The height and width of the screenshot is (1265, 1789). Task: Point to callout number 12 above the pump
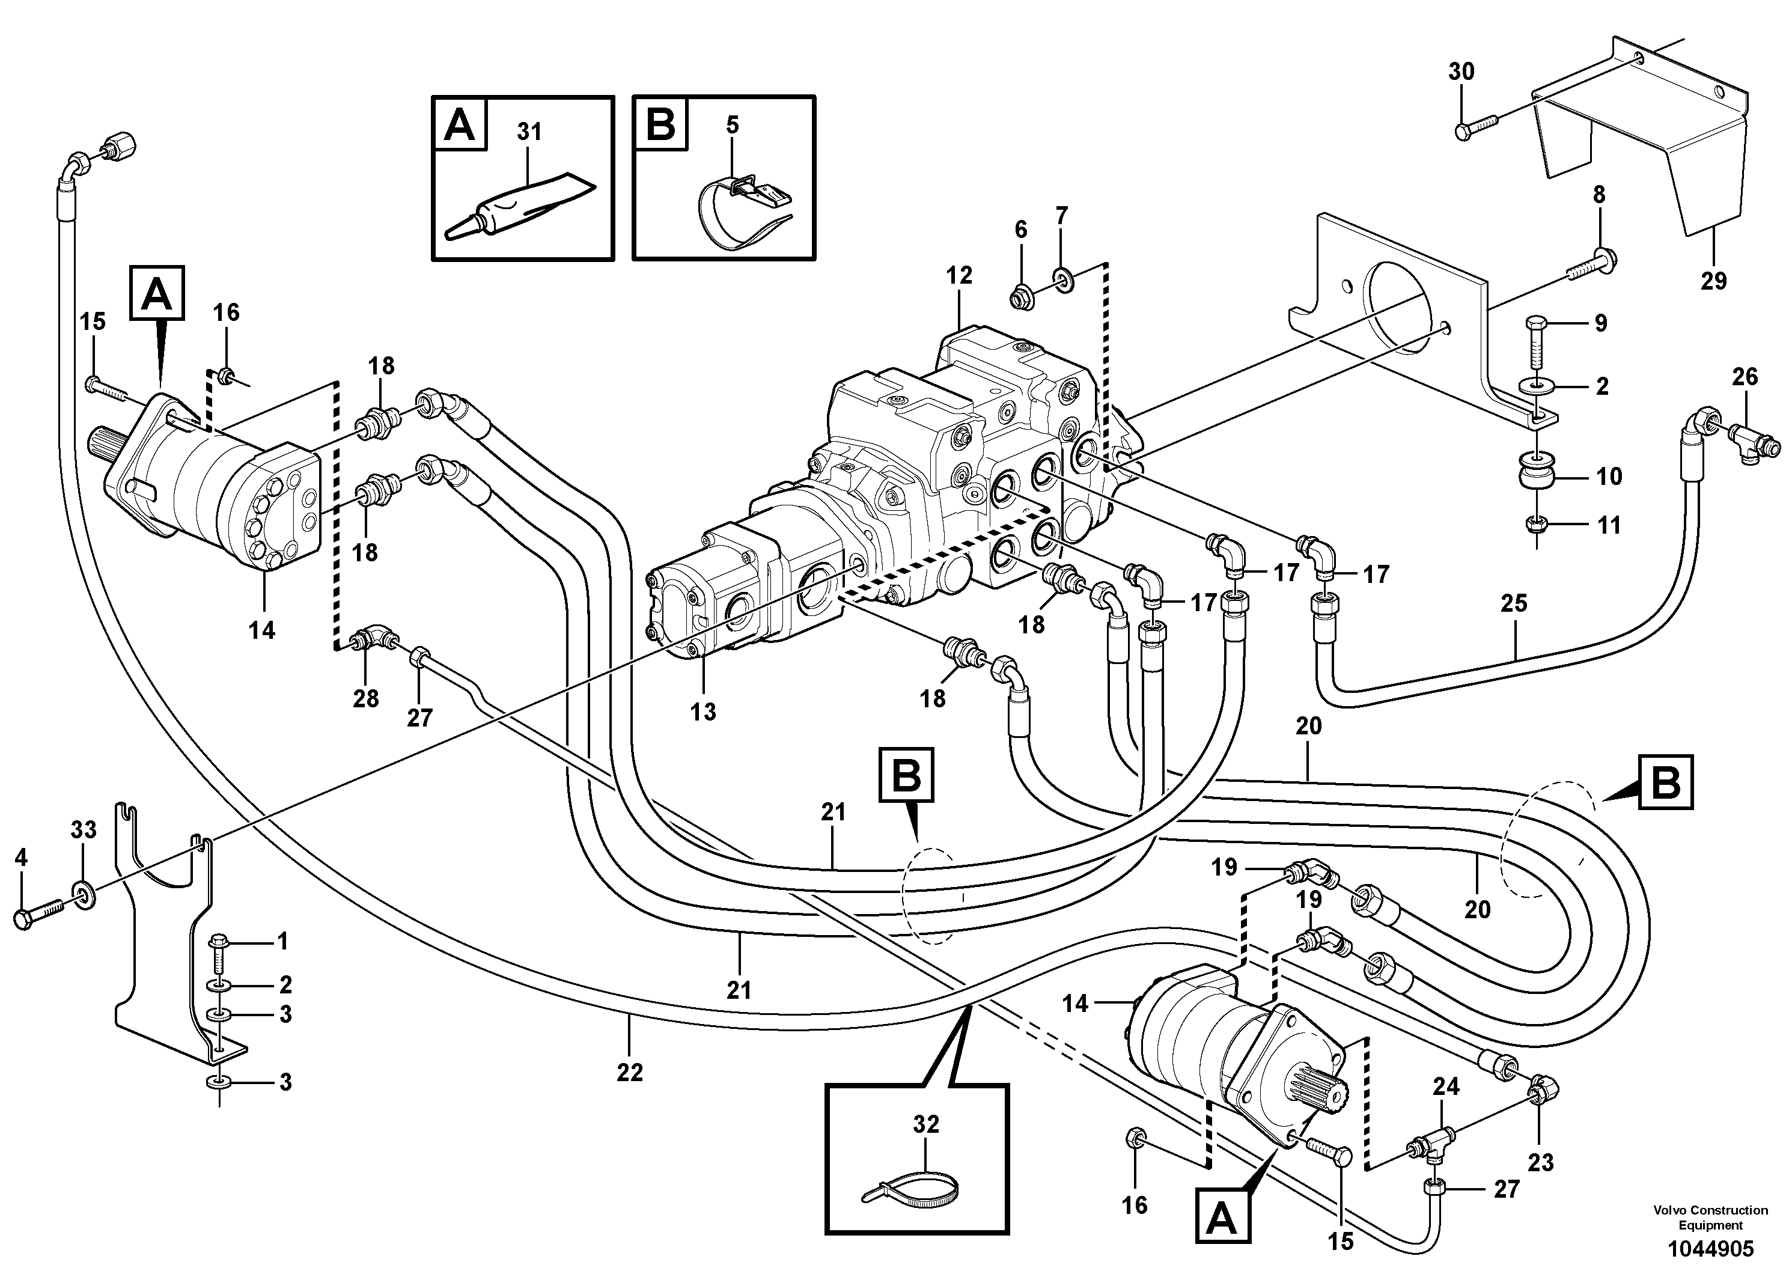point(959,275)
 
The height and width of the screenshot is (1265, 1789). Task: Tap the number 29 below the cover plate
point(1713,281)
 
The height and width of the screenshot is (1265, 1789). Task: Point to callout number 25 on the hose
point(1514,603)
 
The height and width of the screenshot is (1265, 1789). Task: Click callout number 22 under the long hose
point(630,1073)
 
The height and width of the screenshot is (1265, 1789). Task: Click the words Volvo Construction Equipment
point(1710,1218)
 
